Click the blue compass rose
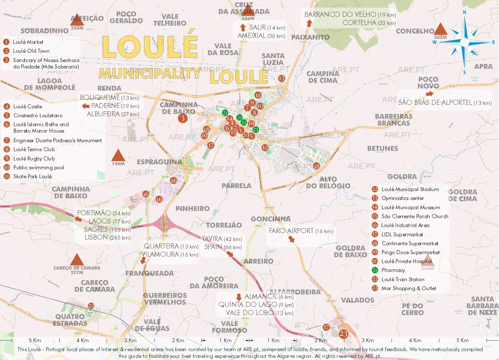pos(464,42)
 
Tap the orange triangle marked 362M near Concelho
pos(441,30)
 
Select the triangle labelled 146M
pos(118,156)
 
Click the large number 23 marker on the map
pos(343,334)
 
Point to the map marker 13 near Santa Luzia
pos(282,78)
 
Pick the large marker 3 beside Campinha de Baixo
pos(182,118)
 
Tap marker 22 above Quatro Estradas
pos(91,306)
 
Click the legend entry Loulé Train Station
pos(403,279)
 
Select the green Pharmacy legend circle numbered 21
pos(375,270)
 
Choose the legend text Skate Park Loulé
pos(32,176)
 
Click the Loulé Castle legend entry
pos(28,107)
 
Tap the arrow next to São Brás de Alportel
pos(429,94)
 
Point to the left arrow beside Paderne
pos(86,106)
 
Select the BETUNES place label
pos(382,149)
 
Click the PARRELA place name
pos(236,186)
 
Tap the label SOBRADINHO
pos(45,31)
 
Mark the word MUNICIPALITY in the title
pos(150,73)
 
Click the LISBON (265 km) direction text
pos(107,237)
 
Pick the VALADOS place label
pos(357,300)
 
